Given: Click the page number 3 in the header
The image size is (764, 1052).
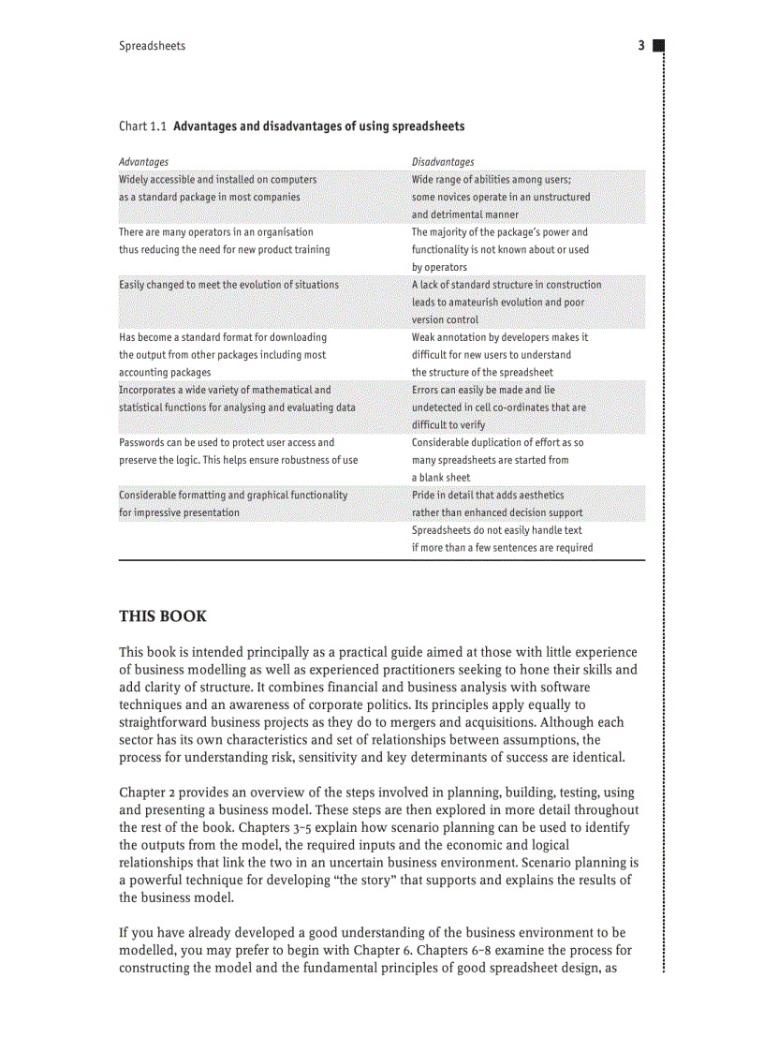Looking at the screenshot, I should coord(641,46).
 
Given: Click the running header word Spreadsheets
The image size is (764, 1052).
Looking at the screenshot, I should coord(152,46).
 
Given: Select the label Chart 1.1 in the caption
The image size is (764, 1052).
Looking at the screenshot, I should coord(143,126).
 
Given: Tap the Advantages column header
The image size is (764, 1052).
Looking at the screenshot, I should coord(143,162).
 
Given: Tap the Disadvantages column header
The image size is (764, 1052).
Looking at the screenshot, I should coord(443,162).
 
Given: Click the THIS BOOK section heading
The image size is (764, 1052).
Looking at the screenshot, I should coord(163,616).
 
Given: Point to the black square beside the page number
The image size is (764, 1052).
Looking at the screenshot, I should coord(657,45).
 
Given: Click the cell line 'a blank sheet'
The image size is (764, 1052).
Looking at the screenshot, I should coord(441,478).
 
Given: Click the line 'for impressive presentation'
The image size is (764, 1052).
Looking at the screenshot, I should coord(179,512).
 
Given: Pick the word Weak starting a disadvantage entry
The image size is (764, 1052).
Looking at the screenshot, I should coord(425,337).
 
